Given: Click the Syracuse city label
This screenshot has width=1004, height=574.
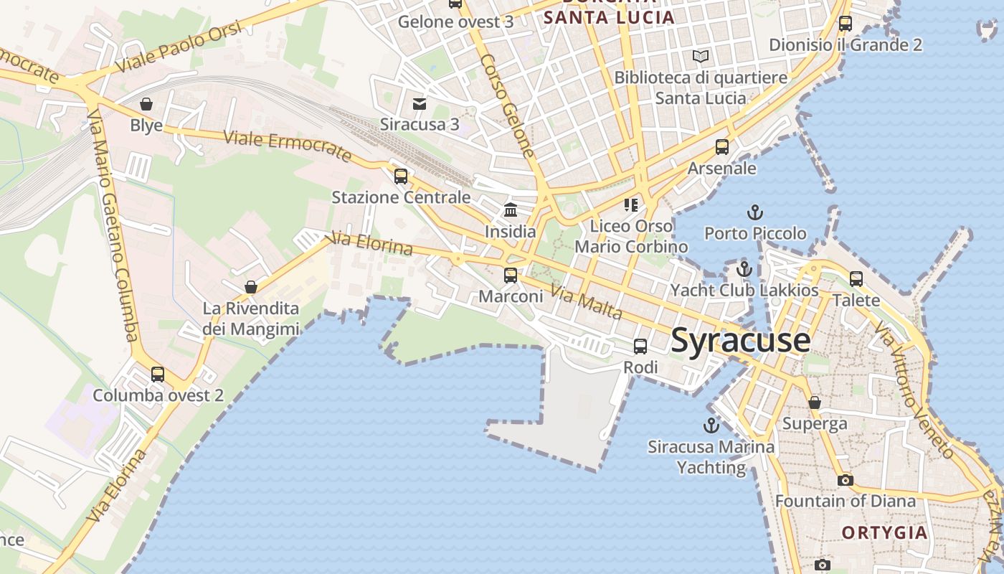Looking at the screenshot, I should coord(740,341).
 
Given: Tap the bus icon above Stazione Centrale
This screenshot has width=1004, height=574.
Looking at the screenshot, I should coord(401,176).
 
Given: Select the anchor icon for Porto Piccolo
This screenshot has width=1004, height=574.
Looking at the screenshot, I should coord(754,212).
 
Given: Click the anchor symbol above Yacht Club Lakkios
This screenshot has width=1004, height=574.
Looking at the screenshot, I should coord(744,270).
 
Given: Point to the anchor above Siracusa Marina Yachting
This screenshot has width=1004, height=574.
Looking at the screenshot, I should coord(711,425).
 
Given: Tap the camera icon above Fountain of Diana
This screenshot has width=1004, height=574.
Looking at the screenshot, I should coord(846,480).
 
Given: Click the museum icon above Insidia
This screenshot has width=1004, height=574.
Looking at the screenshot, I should coord(511,210).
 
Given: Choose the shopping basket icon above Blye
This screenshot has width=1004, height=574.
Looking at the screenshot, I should coord(146,105).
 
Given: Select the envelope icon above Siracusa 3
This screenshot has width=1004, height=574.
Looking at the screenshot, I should coord(420,104).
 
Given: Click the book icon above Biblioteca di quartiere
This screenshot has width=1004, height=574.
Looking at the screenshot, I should coord(701,56).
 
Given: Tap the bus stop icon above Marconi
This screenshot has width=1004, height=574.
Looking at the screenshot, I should coord(511,275).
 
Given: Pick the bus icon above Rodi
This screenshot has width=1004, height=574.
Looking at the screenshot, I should coord(640,347).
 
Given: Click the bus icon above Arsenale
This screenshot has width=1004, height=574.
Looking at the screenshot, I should coord(722,147).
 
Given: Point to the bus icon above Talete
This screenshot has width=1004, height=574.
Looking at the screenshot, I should coord(856,278).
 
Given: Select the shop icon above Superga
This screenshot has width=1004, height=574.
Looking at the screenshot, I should coord(815,403).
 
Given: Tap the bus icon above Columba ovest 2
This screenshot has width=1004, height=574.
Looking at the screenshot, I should coord(158,374).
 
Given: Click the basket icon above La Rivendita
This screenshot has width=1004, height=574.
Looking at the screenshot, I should coord(251,288).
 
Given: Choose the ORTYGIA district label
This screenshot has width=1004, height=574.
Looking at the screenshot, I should coord(884,532).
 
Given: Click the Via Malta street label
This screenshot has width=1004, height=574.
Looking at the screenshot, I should coord(585,301).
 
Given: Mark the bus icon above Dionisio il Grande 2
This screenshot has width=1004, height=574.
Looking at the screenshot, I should coord(846,24).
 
